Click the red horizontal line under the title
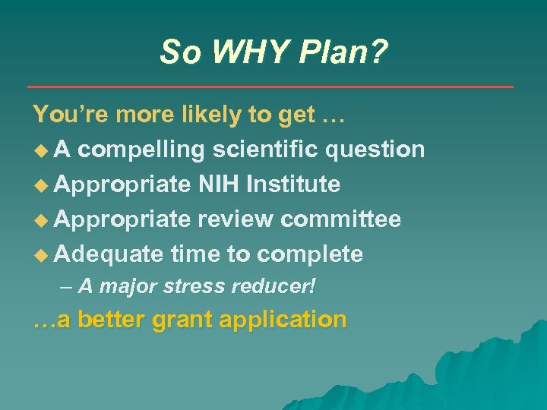(270, 87)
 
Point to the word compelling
(141, 150)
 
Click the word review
(237, 219)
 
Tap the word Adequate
(109, 254)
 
